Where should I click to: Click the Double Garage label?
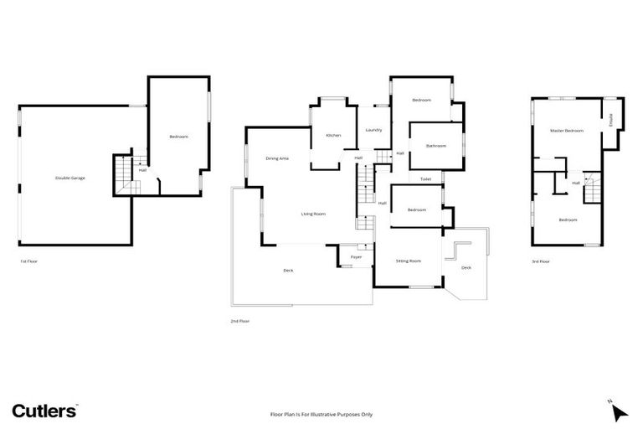(70, 178)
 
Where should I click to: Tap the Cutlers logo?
(45, 411)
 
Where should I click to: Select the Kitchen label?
(333, 135)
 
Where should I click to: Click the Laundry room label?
(373, 130)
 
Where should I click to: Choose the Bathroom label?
(435, 146)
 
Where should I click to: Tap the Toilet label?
(425, 179)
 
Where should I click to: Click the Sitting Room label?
(409, 261)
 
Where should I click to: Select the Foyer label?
(356, 256)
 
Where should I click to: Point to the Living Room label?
(313, 214)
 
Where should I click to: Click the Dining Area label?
(277, 158)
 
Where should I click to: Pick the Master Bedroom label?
(567, 132)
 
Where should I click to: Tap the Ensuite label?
(612, 120)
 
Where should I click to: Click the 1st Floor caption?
(29, 261)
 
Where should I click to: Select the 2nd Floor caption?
(239, 321)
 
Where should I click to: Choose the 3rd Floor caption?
(540, 261)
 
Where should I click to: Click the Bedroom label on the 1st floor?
(178, 137)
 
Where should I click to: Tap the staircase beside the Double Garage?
(123, 174)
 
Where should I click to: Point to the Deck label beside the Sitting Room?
(466, 267)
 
